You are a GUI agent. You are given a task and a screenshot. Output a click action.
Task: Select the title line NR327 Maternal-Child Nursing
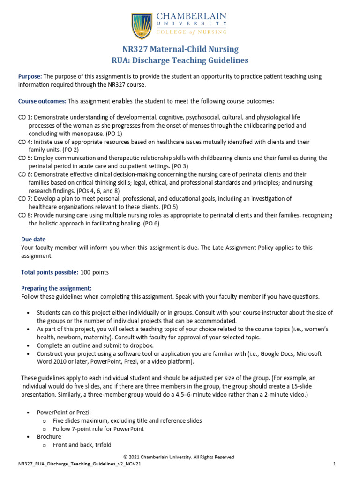(x=180, y=49)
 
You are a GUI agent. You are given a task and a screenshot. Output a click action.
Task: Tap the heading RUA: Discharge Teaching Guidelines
(x=180, y=60)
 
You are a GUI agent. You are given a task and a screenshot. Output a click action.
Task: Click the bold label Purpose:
(x=30, y=76)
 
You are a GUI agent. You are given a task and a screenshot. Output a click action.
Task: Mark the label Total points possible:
(x=50, y=272)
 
